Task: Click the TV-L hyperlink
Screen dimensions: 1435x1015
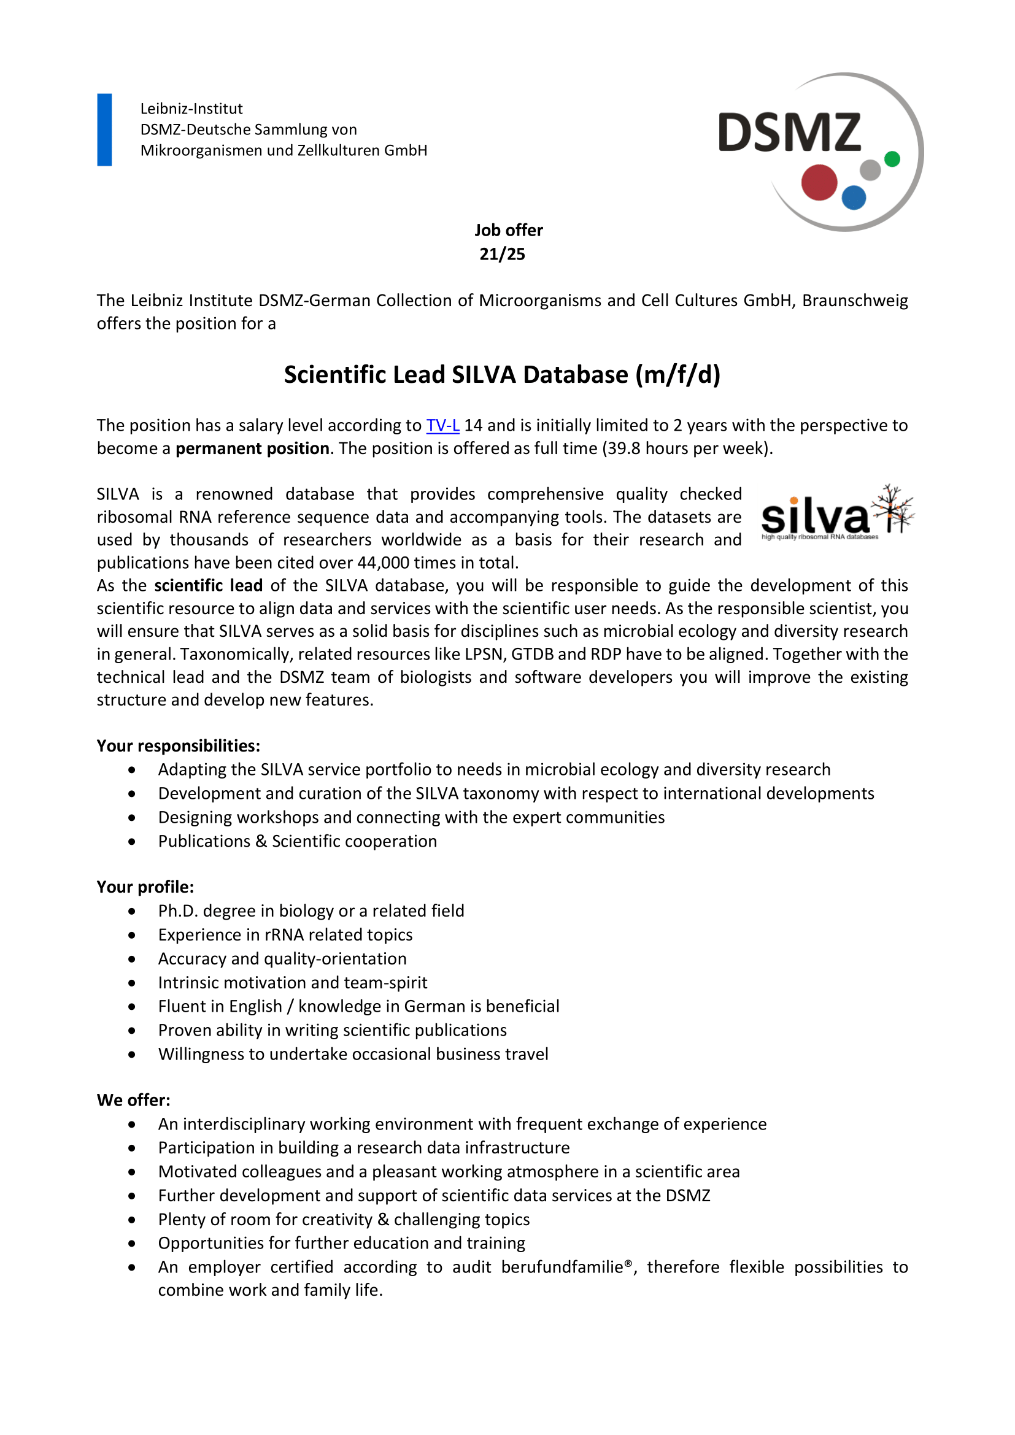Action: point(442,426)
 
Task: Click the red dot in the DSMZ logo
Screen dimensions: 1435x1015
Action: point(819,182)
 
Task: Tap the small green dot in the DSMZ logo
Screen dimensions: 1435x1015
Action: point(892,159)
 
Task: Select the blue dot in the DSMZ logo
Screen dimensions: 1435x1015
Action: point(854,198)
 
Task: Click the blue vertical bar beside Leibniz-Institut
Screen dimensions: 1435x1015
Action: point(104,130)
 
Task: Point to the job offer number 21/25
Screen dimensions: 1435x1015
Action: point(502,255)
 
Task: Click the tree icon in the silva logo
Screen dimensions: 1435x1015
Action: point(893,509)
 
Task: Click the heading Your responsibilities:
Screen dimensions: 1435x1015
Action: point(178,745)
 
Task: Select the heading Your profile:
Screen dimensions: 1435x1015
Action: point(145,887)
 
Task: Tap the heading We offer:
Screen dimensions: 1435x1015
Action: point(133,1100)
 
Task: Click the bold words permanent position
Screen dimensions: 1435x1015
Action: point(252,448)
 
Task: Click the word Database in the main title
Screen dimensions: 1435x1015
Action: point(575,375)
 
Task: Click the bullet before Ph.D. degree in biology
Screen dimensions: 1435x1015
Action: point(132,911)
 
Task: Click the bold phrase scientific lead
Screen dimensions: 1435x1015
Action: point(208,586)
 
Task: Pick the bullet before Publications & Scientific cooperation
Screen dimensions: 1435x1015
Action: point(132,842)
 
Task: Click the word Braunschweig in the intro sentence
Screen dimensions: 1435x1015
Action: point(854,301)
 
